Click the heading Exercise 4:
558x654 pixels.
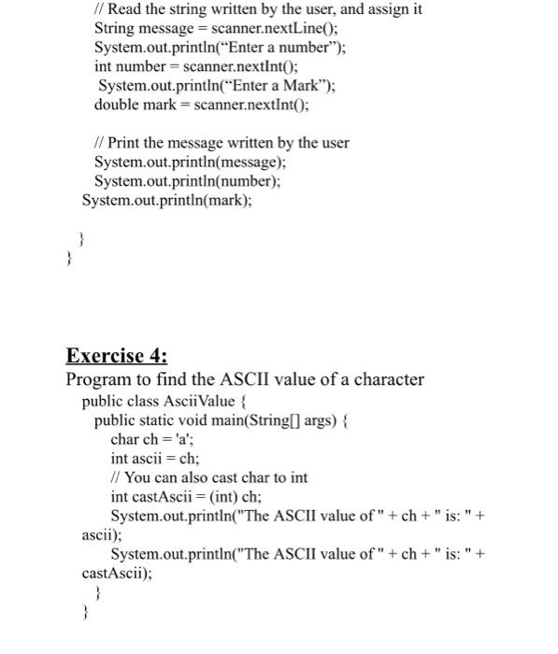coord(118,356)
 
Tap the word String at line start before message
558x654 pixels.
coord(116,28)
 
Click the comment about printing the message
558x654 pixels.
coord(222,143)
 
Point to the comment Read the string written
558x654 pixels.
coord(259,9)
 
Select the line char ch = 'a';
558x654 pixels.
coord(157,439)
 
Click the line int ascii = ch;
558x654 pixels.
coord(155,459)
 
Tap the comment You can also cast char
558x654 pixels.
coord(209,477)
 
